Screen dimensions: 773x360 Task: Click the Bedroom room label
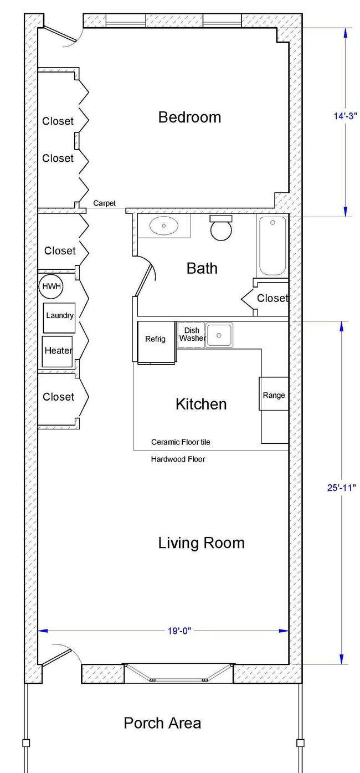[189, 117]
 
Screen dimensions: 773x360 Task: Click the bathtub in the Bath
[271, 245]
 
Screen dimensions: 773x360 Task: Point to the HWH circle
[52, 286]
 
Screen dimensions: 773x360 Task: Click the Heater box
[58, 351]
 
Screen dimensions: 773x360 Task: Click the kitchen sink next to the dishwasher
[220, 335]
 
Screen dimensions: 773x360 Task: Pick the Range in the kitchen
[274, 395]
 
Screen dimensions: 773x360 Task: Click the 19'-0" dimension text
[179, 631]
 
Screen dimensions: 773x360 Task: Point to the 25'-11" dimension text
[341, 488]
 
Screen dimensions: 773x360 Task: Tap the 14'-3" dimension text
[345, 116]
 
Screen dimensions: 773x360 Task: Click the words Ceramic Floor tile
[181, 442]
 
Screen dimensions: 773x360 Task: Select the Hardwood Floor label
[178, 459]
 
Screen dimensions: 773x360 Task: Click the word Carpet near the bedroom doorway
[105, 203]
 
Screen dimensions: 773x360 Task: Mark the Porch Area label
[162, 723]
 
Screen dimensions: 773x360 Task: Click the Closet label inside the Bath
[272, 298]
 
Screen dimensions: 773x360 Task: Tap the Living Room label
[201, 542]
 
